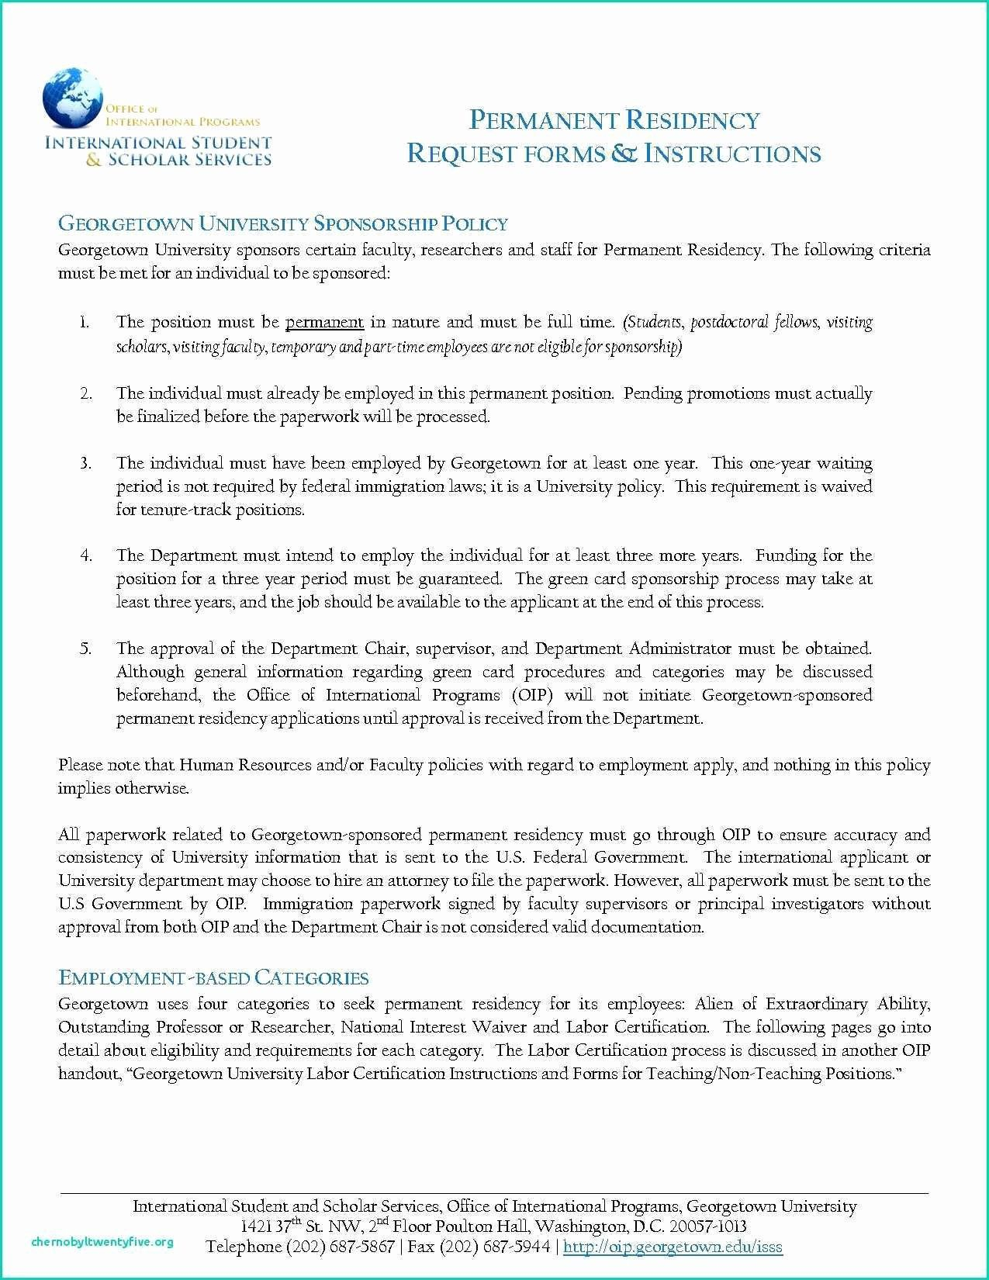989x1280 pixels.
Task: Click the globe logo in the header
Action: point(73,98)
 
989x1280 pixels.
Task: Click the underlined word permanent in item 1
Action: point(324,322)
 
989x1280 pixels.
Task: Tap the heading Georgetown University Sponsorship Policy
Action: point(283,224)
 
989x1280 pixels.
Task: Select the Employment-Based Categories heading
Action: point(213,977)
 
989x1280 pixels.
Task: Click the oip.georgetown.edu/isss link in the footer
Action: point(673,1247)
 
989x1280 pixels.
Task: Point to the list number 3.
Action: point(85,463)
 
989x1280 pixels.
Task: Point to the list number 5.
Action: point(85,649)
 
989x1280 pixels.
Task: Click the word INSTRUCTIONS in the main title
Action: point(732,154)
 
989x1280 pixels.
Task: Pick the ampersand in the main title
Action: point(621,154)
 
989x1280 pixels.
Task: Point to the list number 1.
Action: point(84,322)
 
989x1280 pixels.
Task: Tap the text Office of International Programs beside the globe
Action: point(182,116)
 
